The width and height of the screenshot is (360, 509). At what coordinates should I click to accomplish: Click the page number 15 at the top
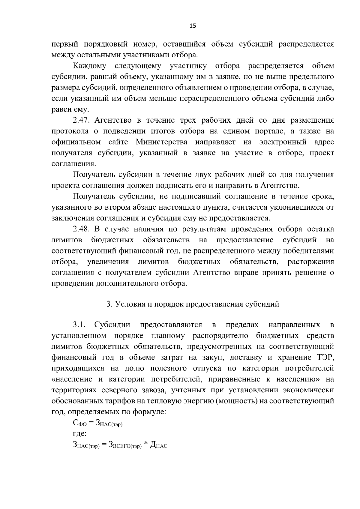[192, 26]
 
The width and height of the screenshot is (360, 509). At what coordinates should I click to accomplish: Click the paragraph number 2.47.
[82, 120]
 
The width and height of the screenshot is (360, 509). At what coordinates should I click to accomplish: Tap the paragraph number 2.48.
[82, 229]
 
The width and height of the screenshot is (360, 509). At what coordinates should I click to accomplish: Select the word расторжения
[311, 262]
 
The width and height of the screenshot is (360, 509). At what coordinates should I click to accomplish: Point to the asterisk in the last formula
[146, 444]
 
